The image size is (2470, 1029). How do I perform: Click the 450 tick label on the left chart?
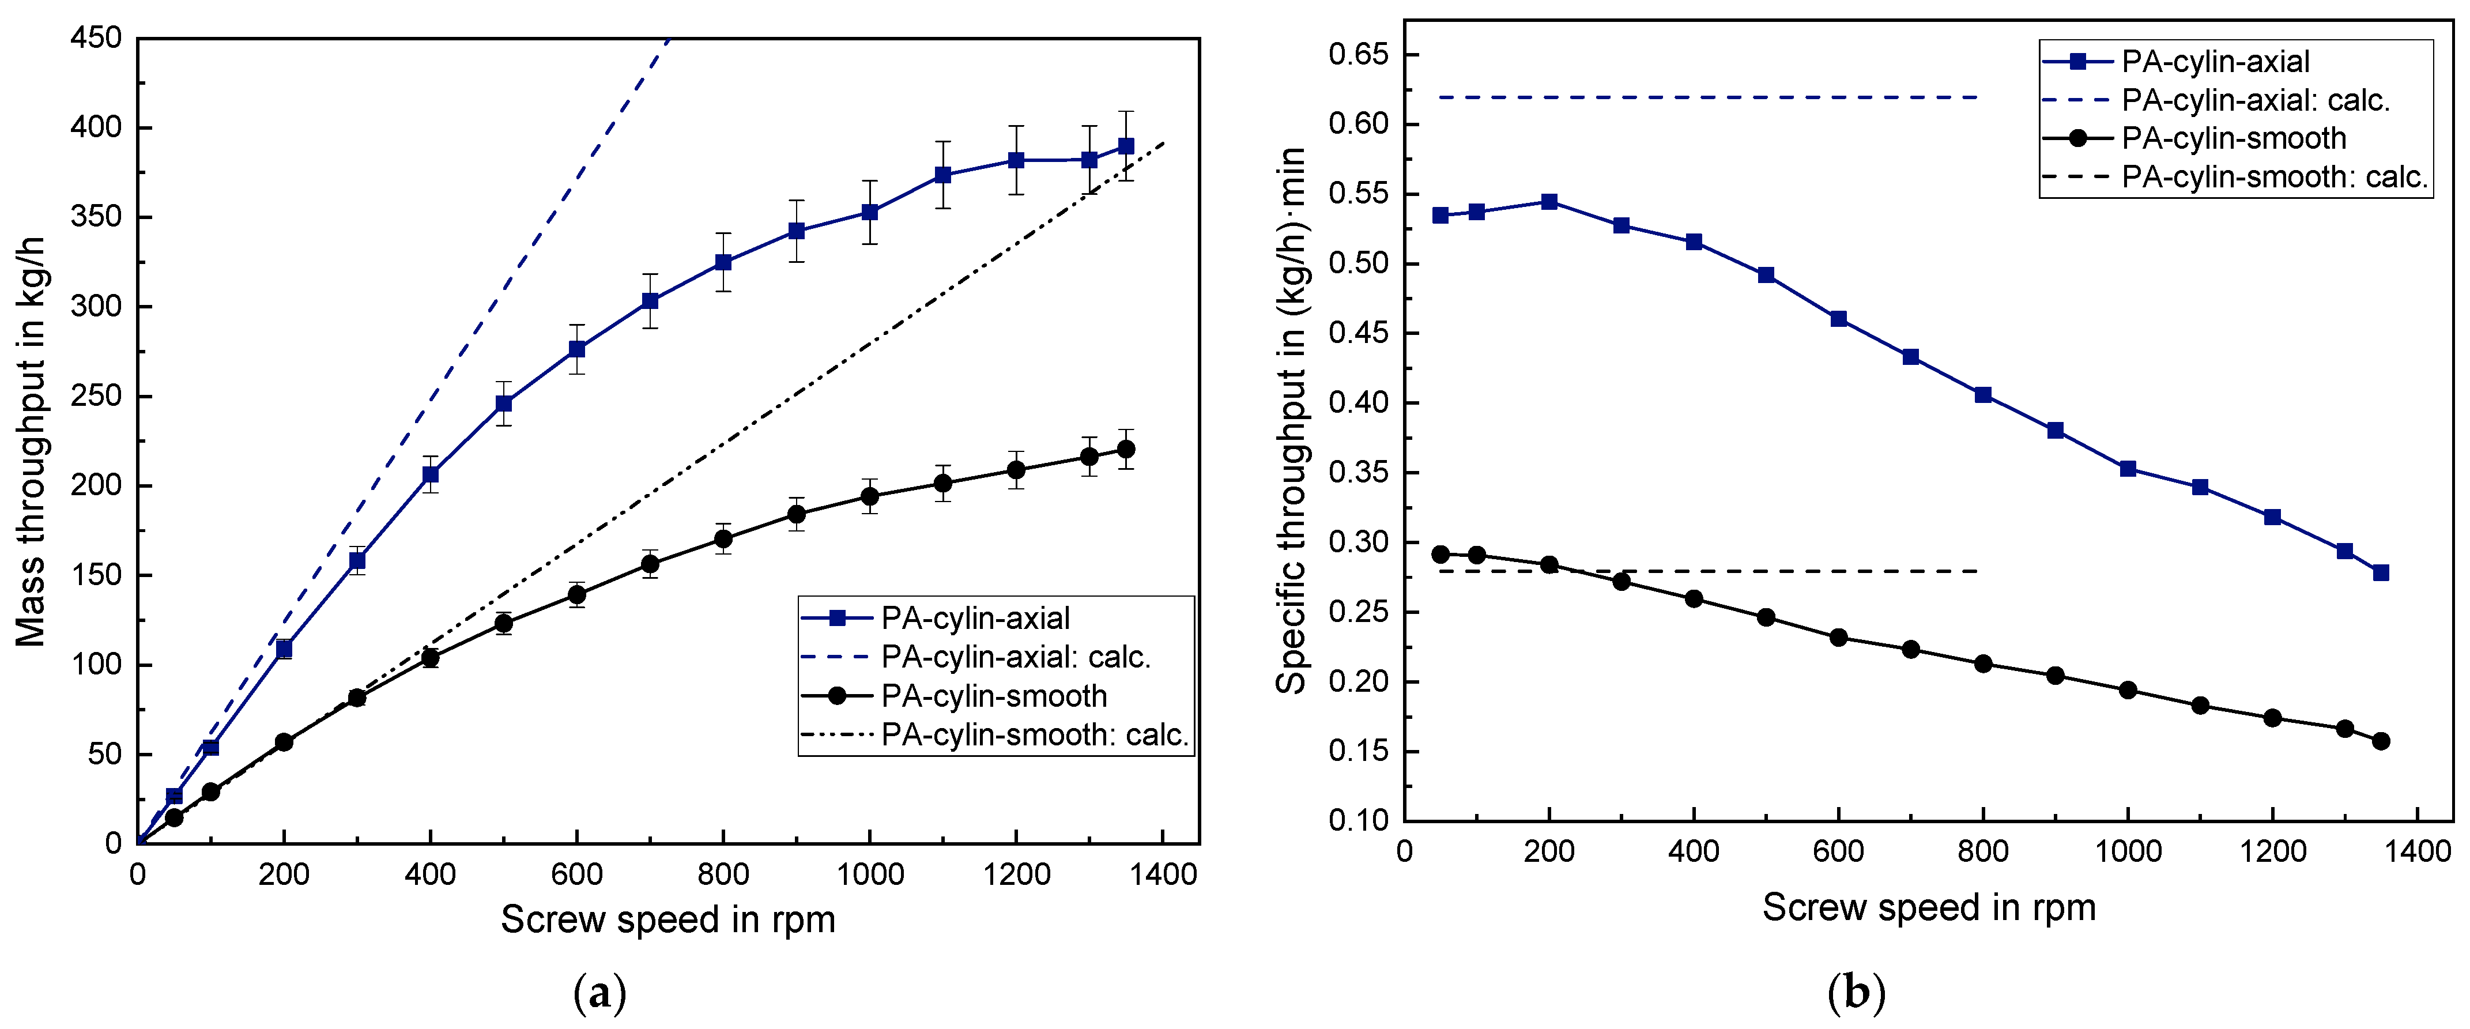(96, 39)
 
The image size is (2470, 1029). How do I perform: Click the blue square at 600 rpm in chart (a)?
(576, 349)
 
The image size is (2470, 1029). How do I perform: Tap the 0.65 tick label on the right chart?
(1357, 55)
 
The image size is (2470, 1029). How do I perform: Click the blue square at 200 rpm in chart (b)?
(1548, 201)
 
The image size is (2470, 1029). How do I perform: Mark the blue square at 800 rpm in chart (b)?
(1983, 395)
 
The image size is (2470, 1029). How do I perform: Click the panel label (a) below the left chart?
(599, 993)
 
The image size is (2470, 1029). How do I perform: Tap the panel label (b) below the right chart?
(1856, 993)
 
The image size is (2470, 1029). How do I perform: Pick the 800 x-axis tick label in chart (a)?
(723, 875)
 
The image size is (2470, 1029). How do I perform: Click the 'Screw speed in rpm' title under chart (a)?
(668, 919)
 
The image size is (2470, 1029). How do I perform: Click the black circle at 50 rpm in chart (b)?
(1440, 555)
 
